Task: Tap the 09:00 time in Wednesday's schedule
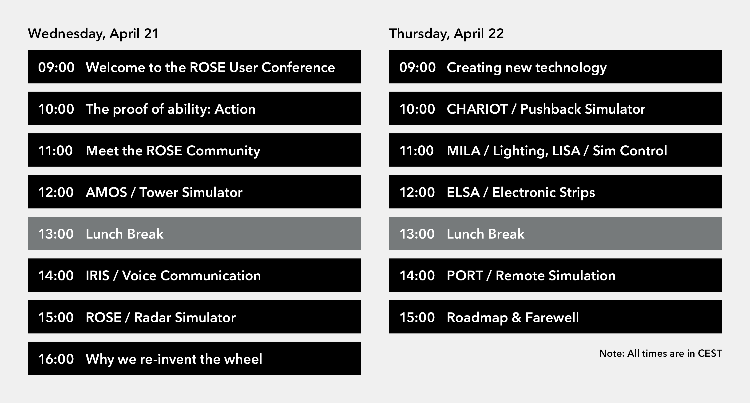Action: tap(56, 67)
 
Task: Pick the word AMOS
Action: tap(106, 192)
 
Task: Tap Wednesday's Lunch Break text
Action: tap(125, 234)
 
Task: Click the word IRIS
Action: tap(98, 275)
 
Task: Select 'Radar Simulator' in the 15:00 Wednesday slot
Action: tap(185, 317)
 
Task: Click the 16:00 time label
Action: tap(56, 359)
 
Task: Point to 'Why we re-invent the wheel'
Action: tap(174, 359)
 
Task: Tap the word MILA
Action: tap(464, 151)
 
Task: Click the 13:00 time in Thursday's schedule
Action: tap(417, 234)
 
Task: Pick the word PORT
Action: tap(465, 275)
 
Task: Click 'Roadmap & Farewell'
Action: tap(513, 317)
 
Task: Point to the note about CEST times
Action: tap(660, 353)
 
